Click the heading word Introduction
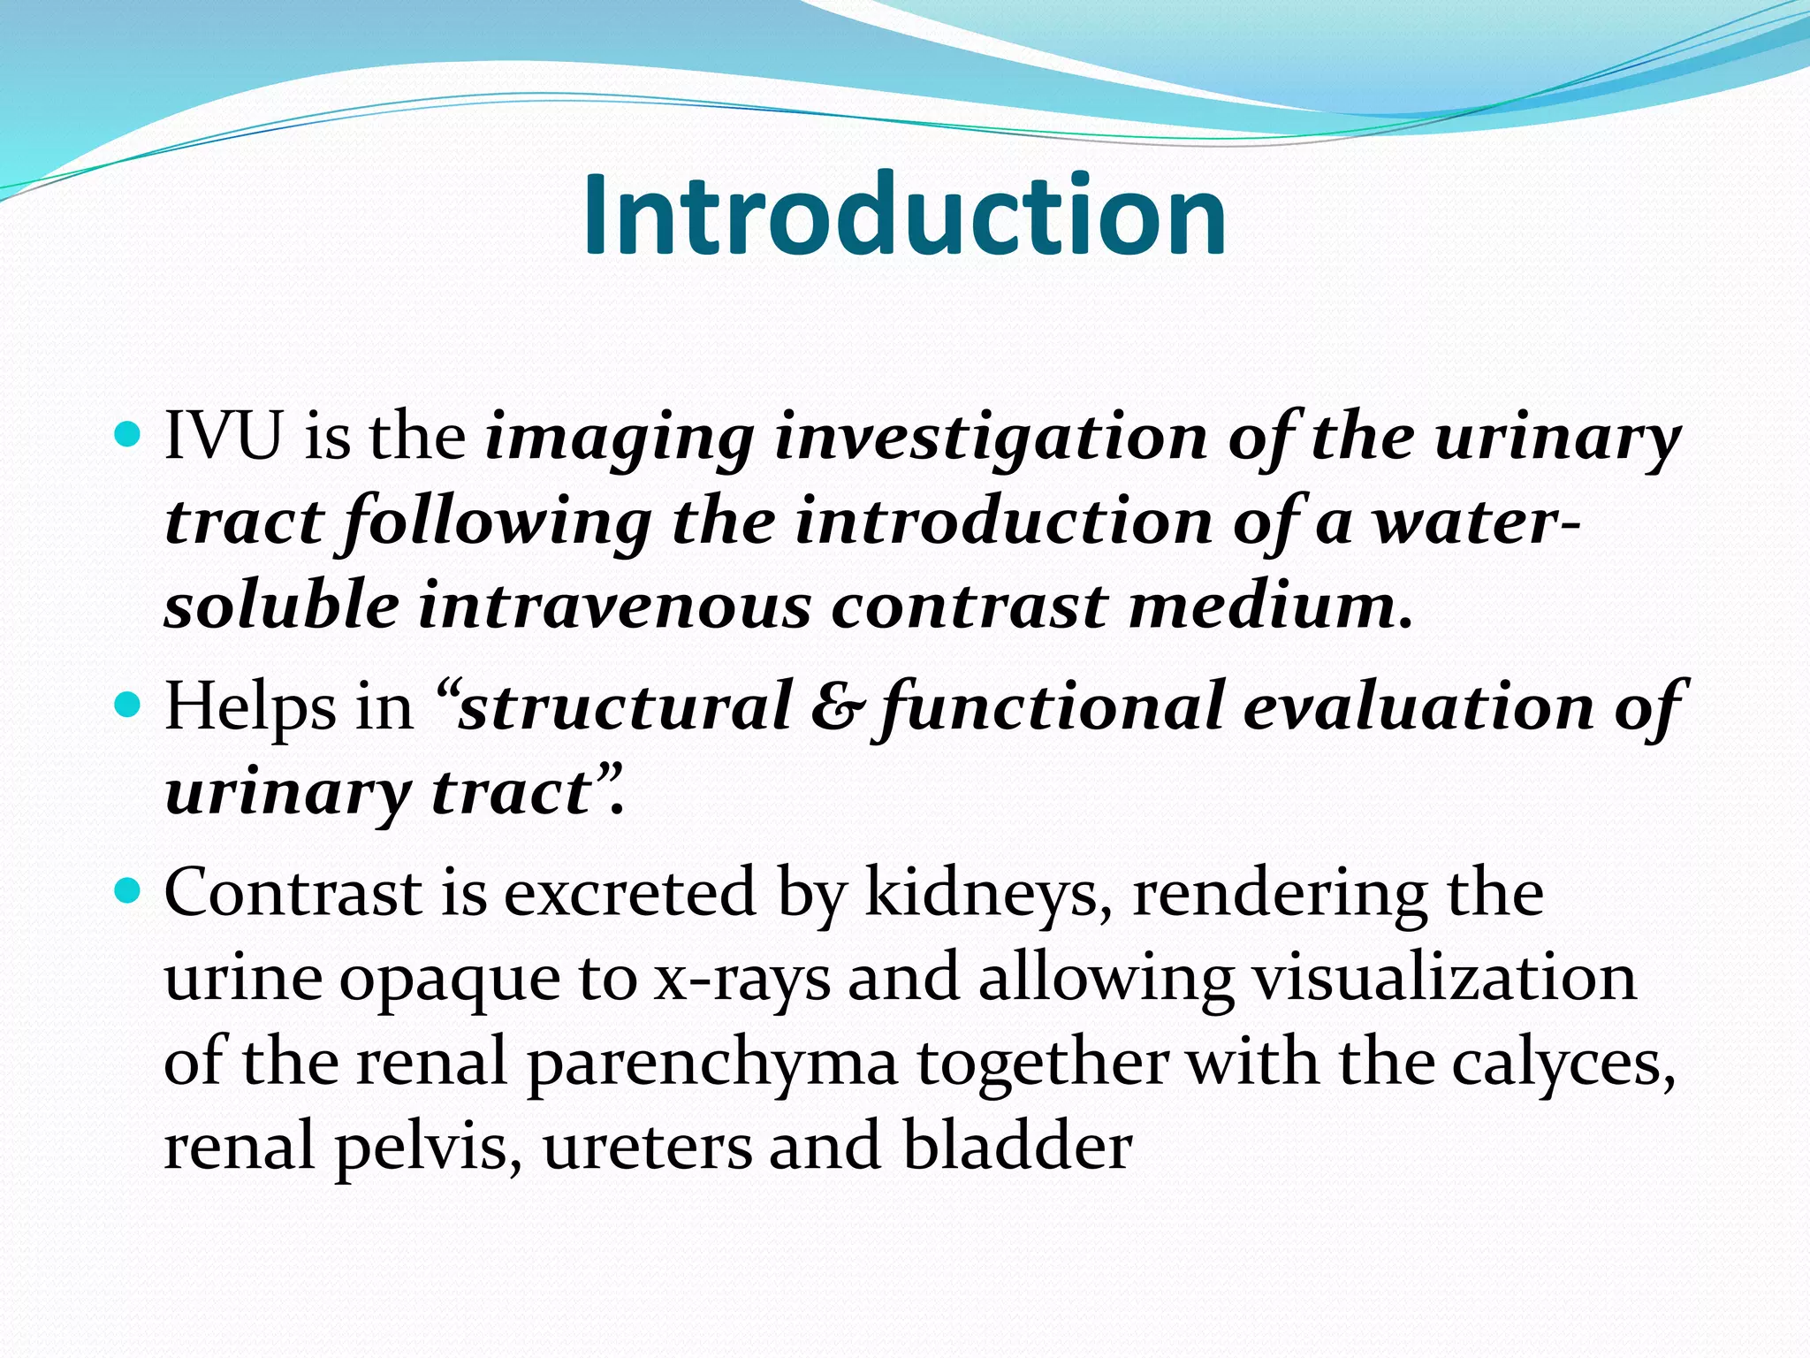click(904, 215)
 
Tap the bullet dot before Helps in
click(129, 705)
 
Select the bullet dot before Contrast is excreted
click(129, 890)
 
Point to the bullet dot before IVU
click(129, 434)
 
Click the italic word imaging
click(620, 439)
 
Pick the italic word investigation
click(990, 438)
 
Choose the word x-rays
click(742, 980)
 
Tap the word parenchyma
click(712, 1064)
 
